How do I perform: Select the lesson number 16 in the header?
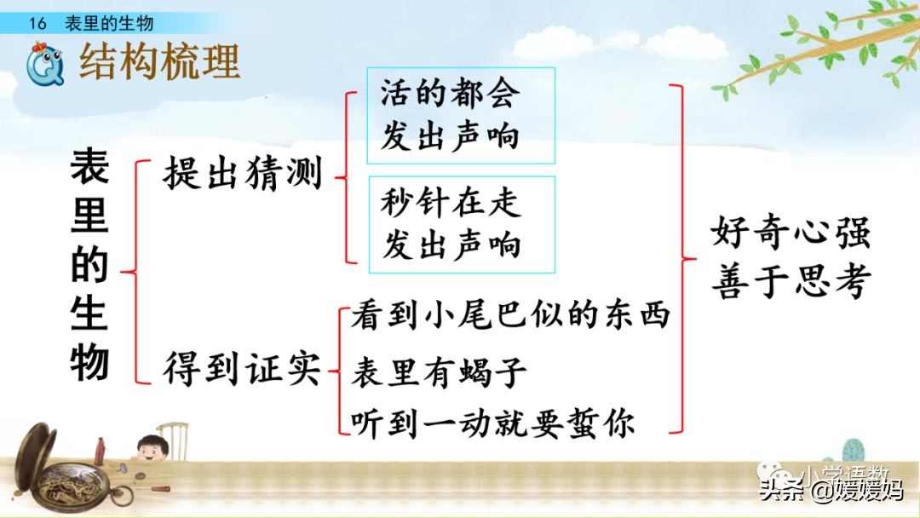point(36,23)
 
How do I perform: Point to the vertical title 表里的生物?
point(89,265)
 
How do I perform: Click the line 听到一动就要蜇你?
point(493,423)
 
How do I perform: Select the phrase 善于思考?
point(791,281)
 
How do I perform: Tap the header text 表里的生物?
point(110,23)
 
